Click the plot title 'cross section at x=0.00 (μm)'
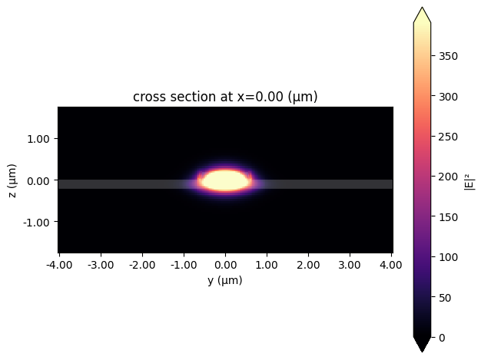(225, 97)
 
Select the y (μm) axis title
(225, 281)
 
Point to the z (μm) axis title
(12, 180)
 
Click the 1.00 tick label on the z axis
(38, 139)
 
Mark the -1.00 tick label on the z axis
(37, 223)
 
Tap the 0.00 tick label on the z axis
(38, 180)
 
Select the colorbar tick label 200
(446, 177)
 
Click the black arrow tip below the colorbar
(422, 347)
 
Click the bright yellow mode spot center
(225, 180)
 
